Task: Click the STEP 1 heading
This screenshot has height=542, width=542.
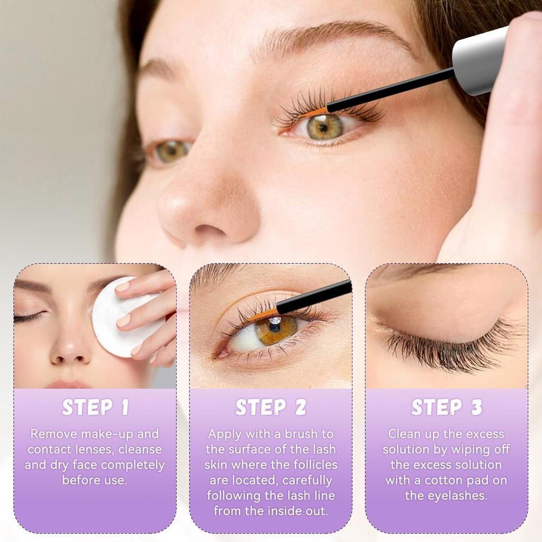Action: [95, 408]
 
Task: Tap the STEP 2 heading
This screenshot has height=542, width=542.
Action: [270, 408]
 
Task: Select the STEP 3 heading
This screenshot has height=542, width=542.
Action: [446, 408]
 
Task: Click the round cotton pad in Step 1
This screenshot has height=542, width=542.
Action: [122, 317]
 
